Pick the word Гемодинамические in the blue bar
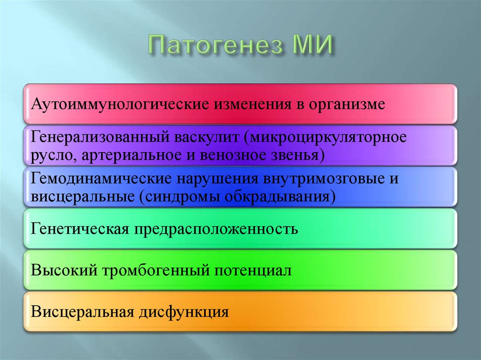click(101, 179)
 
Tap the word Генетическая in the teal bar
click(79, 230)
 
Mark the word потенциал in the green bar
click(254, 271)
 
